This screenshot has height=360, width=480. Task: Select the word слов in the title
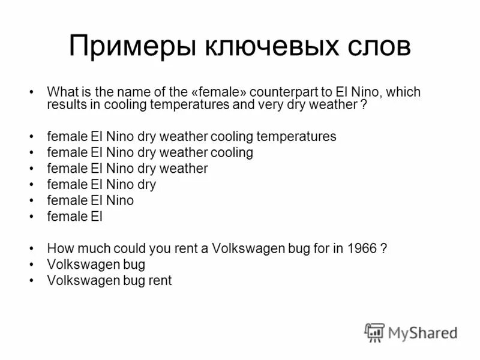373,46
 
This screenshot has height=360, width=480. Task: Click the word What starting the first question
61,92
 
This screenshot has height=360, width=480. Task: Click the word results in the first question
64,103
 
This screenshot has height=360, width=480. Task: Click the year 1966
362,248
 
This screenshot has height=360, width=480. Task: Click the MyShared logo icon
374,332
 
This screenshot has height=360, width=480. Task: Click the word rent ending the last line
161,280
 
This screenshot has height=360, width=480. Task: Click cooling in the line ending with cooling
233,152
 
